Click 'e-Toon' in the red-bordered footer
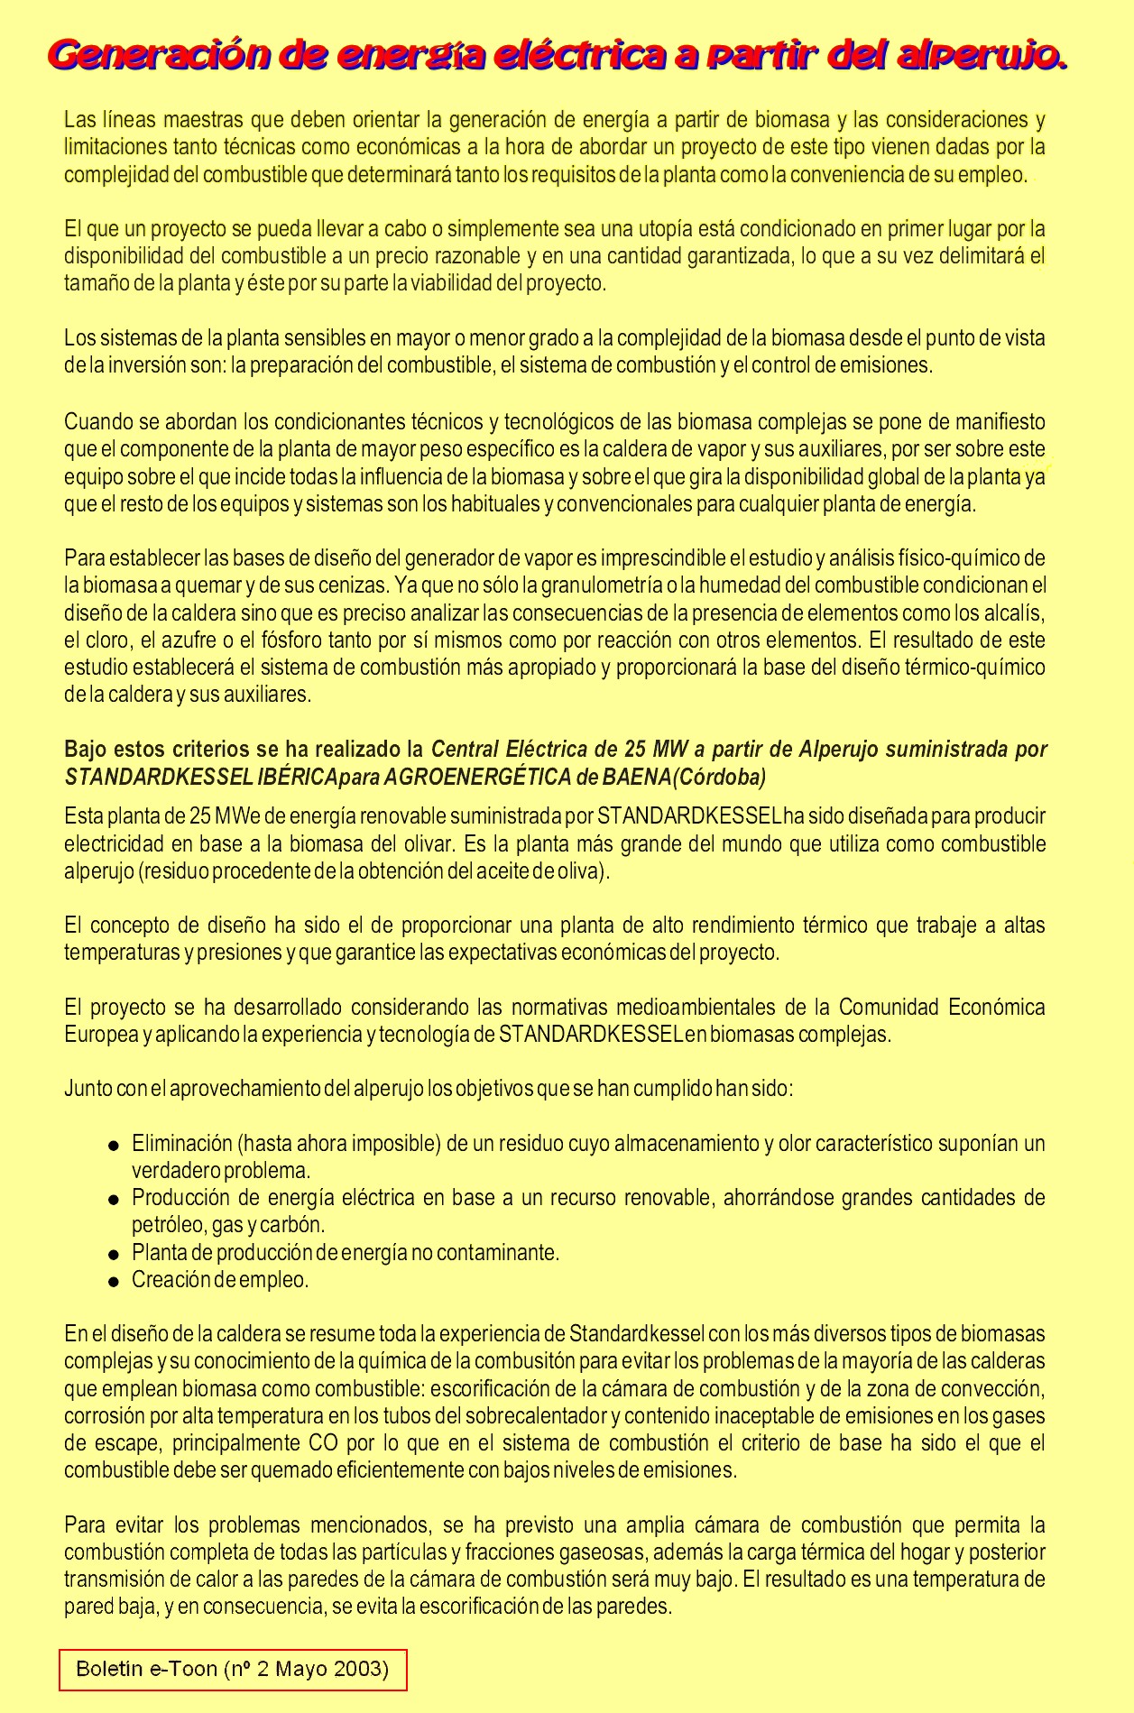point(180,1668)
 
